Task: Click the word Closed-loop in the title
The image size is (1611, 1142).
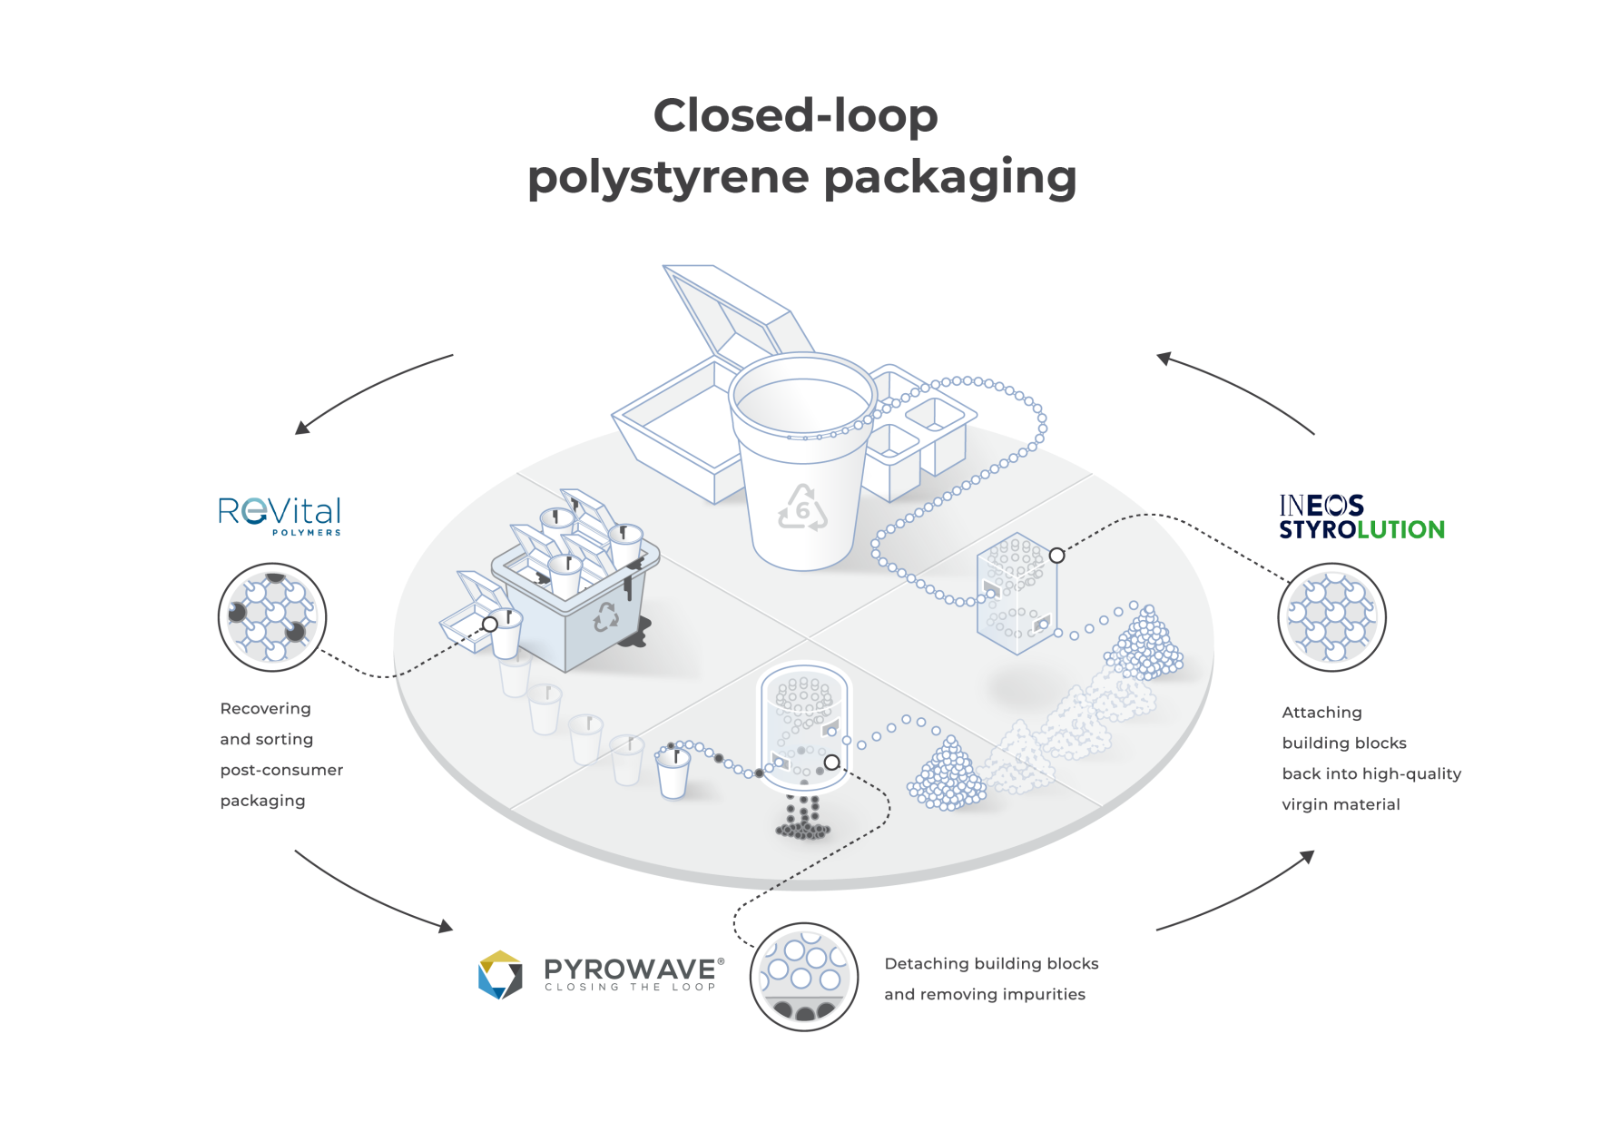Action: point(795,116)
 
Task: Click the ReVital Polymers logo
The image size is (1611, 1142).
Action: point(280,515)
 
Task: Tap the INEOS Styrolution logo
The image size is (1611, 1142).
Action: point(1361,517)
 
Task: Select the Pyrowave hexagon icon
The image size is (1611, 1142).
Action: point(500,974)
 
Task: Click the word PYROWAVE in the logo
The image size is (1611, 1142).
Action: point(630,970)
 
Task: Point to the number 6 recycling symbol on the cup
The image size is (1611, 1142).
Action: point(802,508)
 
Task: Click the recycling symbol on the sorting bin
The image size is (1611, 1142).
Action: point(605,617)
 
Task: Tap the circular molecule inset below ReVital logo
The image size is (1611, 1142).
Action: point(272,617)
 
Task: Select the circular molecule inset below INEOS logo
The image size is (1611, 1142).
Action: point(1331,617)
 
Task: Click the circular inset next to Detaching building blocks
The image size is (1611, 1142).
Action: point(804,977)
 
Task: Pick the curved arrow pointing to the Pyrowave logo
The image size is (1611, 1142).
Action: point(372,894)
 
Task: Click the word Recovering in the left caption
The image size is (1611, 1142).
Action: point(265,709)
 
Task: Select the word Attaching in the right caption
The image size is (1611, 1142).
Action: point(1321,713)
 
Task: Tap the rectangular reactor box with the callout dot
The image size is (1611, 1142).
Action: point(1016,595)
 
